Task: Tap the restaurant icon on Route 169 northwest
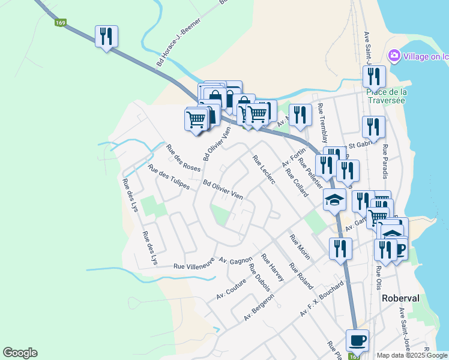pos(106,37)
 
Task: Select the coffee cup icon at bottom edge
pos(358,340)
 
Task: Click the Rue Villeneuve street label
pos(194,266)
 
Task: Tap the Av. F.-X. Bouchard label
pos(325,299)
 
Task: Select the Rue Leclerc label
pos(264,170)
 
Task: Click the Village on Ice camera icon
pos(394,56)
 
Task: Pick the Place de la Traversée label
pos(387,96)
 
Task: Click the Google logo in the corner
pos(20,353)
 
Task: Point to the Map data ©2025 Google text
pos(412,355)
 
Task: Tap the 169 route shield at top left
pos(60,23)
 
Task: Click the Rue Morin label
pos(300,247)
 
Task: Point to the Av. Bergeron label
pos(259,307)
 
